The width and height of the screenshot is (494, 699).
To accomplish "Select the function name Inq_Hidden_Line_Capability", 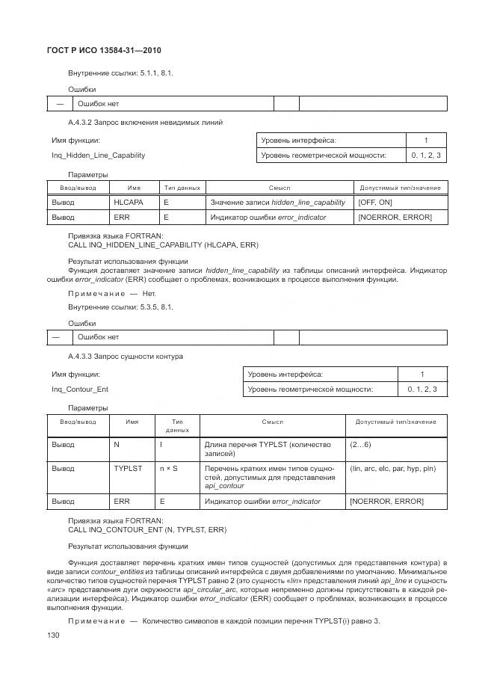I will coord(98,155).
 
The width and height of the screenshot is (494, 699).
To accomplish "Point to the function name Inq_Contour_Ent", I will coord(80,389).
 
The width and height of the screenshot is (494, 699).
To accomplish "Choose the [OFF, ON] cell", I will coord(375,203).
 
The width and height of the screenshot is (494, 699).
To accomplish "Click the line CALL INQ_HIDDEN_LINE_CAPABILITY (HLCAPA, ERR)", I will coord(163,244).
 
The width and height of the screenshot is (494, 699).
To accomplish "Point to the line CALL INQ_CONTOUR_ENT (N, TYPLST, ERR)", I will coord(147,529).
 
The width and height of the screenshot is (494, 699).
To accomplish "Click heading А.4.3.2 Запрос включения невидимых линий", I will coord(145,122).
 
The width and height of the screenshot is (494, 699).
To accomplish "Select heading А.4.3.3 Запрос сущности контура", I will coord(125,356).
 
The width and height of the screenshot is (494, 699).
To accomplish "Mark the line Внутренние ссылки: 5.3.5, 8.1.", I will coord(120,307).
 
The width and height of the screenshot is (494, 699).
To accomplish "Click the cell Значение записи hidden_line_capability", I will coord(277,203).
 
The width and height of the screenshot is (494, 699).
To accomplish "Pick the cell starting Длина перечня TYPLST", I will coord(267,449).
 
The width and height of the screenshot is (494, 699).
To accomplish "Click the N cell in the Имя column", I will coord(117,444).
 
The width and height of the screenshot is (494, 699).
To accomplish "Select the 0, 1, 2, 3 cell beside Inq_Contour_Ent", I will coord(422,389).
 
